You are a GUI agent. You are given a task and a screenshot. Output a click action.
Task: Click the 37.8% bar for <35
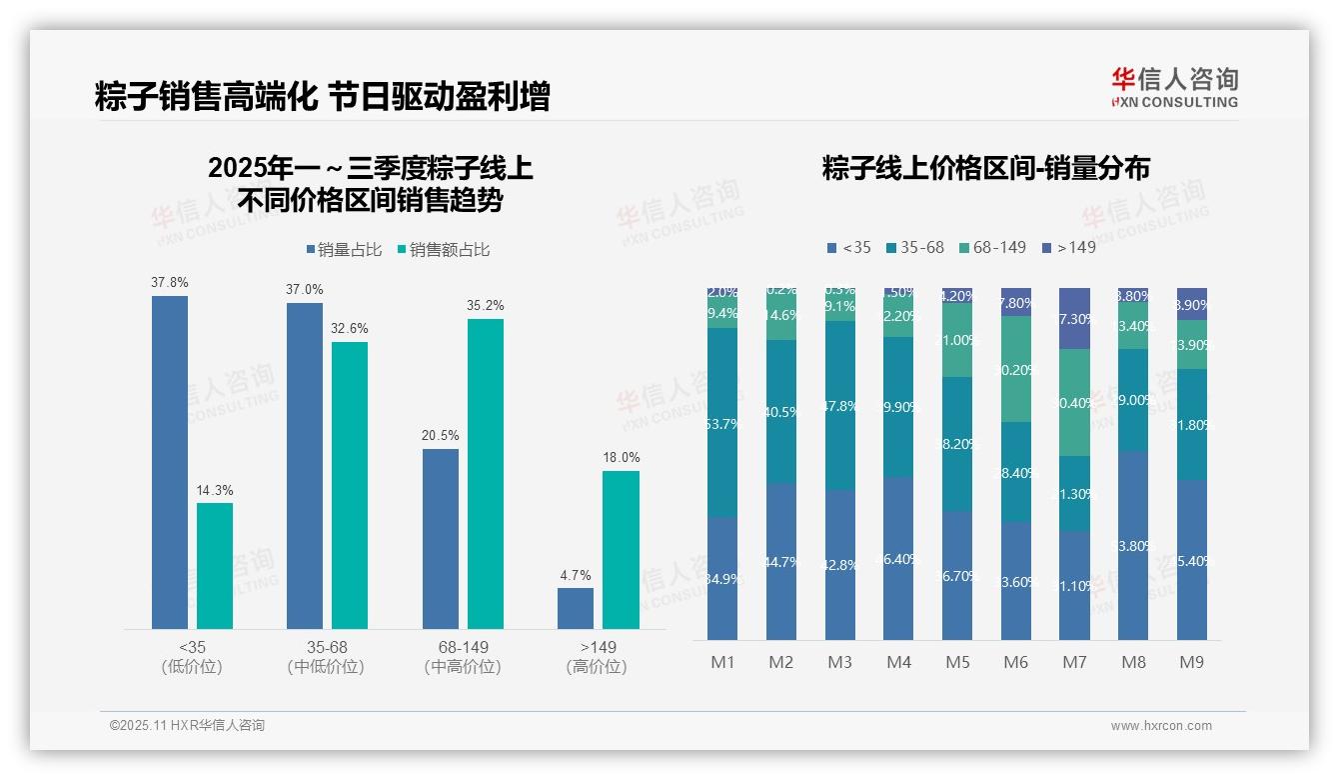point(170,462)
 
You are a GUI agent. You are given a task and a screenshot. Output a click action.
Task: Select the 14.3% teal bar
point(215,566)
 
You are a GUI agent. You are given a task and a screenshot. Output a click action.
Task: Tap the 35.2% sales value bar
point(486,474)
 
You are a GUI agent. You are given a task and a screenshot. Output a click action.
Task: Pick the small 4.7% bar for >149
point(576,609)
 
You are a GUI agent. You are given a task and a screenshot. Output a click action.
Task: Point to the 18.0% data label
point(621,457)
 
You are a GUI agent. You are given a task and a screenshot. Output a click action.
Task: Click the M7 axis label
point(1074,662)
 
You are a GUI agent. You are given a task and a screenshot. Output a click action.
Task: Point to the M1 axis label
point(722,662)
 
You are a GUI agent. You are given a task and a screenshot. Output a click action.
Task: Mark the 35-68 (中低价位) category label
point(327,657)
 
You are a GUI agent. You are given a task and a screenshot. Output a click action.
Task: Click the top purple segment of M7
point(1074,318)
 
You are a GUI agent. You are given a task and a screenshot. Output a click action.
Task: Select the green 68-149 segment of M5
point(957,340)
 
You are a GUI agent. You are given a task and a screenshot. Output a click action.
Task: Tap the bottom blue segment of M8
point(1133,545)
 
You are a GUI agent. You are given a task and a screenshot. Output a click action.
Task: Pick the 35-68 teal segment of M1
point(722,422)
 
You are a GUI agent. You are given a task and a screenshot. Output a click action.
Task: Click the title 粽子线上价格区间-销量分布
point(985,168)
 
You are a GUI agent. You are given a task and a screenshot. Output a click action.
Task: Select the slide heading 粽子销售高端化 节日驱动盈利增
point(322,97)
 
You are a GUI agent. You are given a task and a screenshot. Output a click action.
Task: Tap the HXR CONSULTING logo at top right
point(1174,88)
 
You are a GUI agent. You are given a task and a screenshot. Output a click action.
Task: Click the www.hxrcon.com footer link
point(1160,726)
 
